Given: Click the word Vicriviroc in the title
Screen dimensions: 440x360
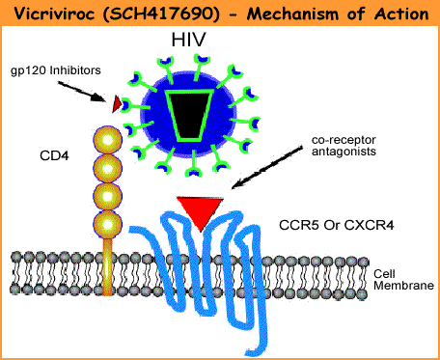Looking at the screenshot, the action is click(56, 14).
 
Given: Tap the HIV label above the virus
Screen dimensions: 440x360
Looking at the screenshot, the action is click(188, 40).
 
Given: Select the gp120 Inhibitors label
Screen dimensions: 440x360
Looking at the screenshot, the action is click(56, 70).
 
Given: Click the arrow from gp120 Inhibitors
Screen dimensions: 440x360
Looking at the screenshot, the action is click(82, 92).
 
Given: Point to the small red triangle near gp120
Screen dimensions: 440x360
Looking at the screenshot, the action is click(116, 104).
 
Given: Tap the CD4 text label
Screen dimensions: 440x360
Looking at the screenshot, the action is click(54, 155).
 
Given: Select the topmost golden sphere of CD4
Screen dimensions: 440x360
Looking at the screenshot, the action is click(107, 140).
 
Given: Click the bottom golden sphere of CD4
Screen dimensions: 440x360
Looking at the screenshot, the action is click(107, 225).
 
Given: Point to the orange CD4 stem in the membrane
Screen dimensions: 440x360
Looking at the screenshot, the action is click(107, 267).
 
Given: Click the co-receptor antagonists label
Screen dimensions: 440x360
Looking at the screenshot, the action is click(344, 146).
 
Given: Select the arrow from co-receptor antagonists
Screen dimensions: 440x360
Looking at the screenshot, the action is click(267, 168).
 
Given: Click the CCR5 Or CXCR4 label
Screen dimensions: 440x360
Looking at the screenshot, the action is click(336, 225).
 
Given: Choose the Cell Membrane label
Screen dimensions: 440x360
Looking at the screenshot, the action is click(403, 280).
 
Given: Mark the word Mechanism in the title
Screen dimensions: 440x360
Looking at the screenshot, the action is click(290, 14).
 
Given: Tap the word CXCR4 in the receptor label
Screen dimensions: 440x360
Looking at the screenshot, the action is click(370, 225).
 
